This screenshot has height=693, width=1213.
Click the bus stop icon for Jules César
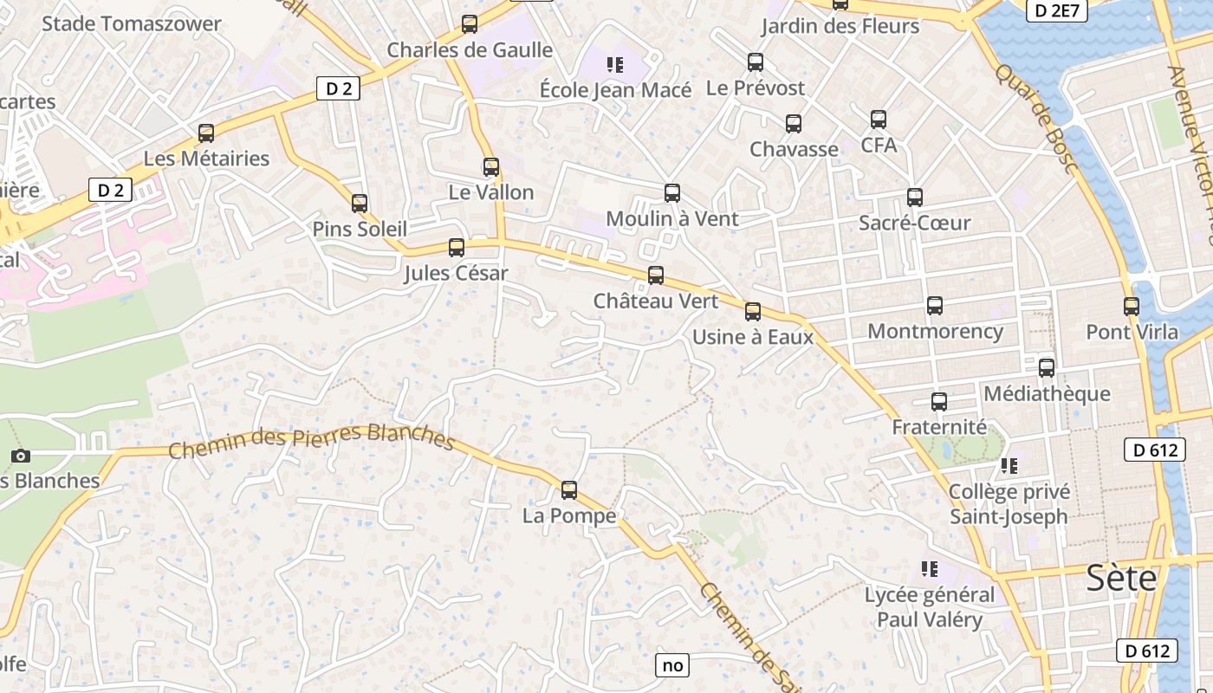[x=457, y=248]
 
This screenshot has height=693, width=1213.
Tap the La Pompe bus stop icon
[x=569, y=490]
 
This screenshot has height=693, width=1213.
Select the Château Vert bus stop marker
[x=656, y=275]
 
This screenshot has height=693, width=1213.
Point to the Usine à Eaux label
[x=753, y=336]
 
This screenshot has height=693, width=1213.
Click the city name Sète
[x=1121, y=578]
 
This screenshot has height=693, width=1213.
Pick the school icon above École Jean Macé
[x=615, y=64]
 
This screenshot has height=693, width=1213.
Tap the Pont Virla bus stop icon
[x=1132, y=306]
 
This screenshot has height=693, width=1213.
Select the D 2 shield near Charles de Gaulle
[x=338, y=88]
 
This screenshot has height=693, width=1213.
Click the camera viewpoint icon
[x=22, y=456]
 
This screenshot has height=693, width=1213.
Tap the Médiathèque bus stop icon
[x=1047, y=367]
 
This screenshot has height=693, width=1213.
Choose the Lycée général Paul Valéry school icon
[x=930, y=569]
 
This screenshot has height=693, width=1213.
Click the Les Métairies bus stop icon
[x=206, y=133]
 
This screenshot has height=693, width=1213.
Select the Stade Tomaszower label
[x=132, y=23]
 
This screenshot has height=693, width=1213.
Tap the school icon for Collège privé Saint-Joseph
[x=1009, y=466]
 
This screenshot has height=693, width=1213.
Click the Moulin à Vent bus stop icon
[x=672, y=193]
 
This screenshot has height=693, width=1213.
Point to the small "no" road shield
[x=672, y=665]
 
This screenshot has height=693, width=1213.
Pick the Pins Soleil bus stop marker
[x=360, y=204]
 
